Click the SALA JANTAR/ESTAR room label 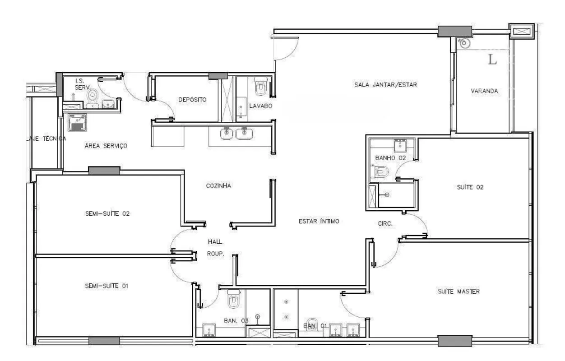tap(385, 85)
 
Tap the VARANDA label tap(484, 91)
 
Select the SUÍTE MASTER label tap(458, 292)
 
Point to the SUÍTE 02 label tap(470, 187)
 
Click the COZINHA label tap(218, 186)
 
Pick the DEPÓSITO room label tap(192, 100)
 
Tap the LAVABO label tap(260, 106)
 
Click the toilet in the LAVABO tap(261, 86)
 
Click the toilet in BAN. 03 tap(234, 299)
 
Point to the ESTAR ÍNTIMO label tap(319, 221)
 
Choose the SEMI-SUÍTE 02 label tap(107, 214)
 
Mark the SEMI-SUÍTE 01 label tap(107, 286)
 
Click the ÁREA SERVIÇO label tap(106, 146)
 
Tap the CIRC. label tap(385, 223)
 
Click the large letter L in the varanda tap(492, 60)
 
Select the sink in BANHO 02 tap(400, 145)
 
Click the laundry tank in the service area tap(77, 122)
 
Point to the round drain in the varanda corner tap(464, 43)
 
